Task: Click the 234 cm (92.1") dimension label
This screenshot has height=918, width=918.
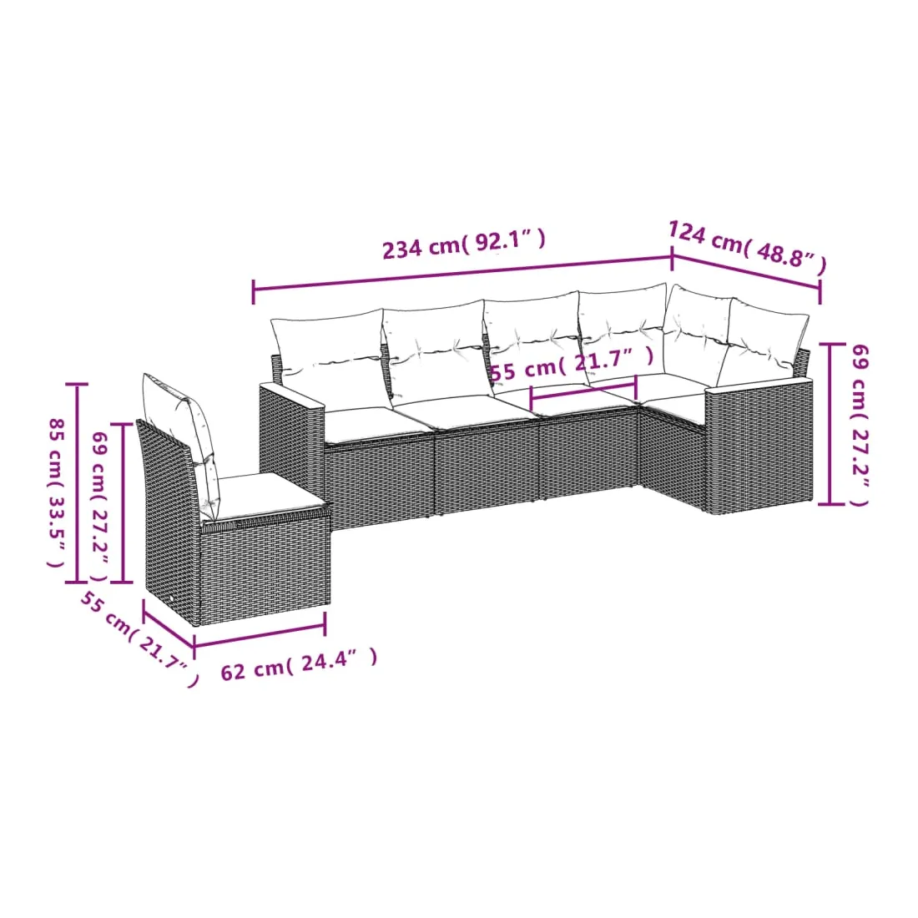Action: (464, 243)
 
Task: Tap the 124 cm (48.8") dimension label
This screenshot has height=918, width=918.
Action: (748, 246)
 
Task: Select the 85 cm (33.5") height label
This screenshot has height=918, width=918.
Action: (56, 492)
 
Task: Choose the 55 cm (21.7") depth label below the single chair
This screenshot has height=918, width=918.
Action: (139, 639)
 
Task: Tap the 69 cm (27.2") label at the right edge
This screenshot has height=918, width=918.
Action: (860, 425)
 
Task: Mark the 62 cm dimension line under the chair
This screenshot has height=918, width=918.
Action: (260, 635)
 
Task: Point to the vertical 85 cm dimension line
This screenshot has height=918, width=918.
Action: (77, 483)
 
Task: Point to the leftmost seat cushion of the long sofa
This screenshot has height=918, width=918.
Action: (376, 424)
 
